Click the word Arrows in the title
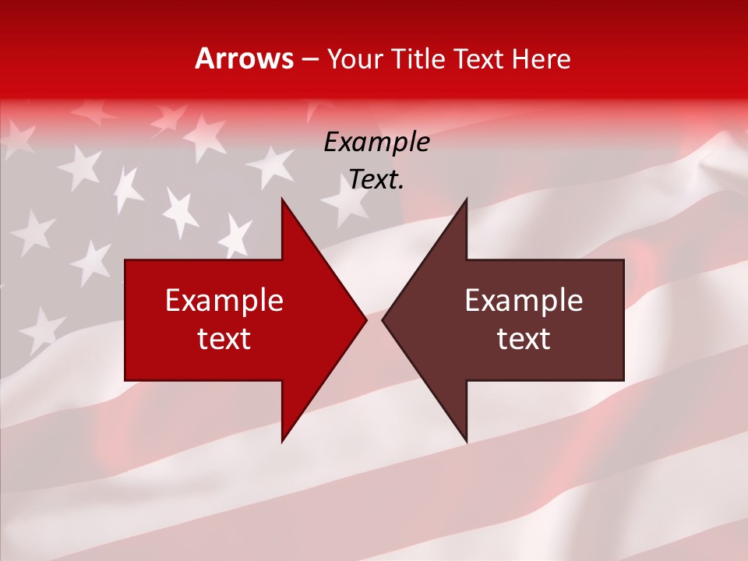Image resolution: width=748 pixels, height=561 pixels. tap(245, 58)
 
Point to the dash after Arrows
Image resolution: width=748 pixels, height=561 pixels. tap(310, 59)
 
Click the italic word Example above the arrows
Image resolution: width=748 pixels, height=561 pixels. tap(377, 143)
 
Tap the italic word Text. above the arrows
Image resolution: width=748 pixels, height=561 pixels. tap(377, 180)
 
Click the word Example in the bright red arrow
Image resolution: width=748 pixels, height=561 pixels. tap(224, 300)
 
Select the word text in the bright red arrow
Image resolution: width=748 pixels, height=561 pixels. tap(224, 339)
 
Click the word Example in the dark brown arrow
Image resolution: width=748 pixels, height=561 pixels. tap(524, 300)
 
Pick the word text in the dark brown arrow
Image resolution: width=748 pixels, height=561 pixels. tap(524, 339)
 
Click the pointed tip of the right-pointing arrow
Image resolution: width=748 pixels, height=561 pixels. tap(366, 319)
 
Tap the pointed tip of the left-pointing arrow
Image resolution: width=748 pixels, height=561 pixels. tap(383, 319)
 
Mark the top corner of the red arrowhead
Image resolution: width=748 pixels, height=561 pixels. tap(282, 199)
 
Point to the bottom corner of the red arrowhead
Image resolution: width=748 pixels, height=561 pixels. tap(282, 441)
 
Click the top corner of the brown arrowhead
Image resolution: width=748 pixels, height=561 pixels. tap(466, 199)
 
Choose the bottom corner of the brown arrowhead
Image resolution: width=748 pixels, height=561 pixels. tap(466, 441)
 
